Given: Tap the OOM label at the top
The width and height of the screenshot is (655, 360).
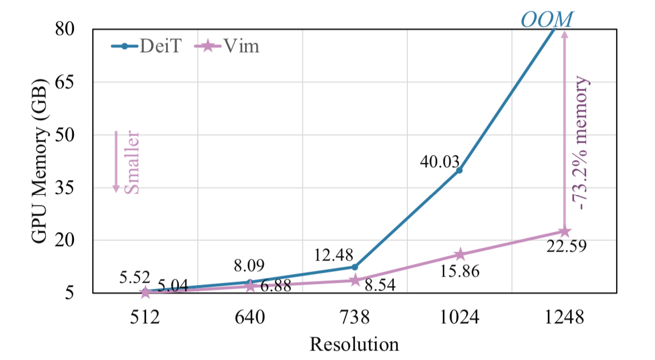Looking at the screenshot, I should point(546,19).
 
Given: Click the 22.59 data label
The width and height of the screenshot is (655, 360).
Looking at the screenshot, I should point(566,245).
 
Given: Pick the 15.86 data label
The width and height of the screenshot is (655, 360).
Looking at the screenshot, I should point(460,272).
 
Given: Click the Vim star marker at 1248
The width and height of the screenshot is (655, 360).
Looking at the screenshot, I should point(564,231).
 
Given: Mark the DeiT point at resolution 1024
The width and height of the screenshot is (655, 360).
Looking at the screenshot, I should point(459,170).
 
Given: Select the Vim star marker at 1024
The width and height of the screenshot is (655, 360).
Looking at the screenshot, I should point(459,254).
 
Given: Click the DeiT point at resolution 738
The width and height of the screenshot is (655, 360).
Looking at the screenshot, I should point(355,267).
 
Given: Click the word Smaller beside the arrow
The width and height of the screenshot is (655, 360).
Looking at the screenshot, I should point(131,162).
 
